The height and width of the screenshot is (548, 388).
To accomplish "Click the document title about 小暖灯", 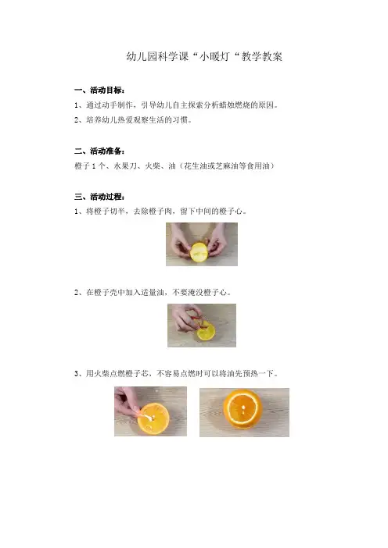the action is click(x=204, y=56).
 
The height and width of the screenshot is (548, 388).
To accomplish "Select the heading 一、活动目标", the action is click(x=99, y=91).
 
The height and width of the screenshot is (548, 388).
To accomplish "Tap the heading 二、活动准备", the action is click(x=99, y=151).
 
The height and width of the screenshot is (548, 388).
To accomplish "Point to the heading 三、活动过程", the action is click(x=99, y=197).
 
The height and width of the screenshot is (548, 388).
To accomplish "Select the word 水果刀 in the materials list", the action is click(x=125, y=166).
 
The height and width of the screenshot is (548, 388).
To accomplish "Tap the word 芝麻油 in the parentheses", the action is click(x=227, y=166).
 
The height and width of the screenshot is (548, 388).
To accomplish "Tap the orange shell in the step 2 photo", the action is click(x=206, y=333).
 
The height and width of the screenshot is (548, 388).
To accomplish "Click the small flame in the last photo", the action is click(x=242, y=407).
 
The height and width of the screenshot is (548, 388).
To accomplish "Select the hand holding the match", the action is click(x=128, y=401).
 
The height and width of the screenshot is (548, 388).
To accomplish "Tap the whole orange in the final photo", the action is click(x=242, y=409).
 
